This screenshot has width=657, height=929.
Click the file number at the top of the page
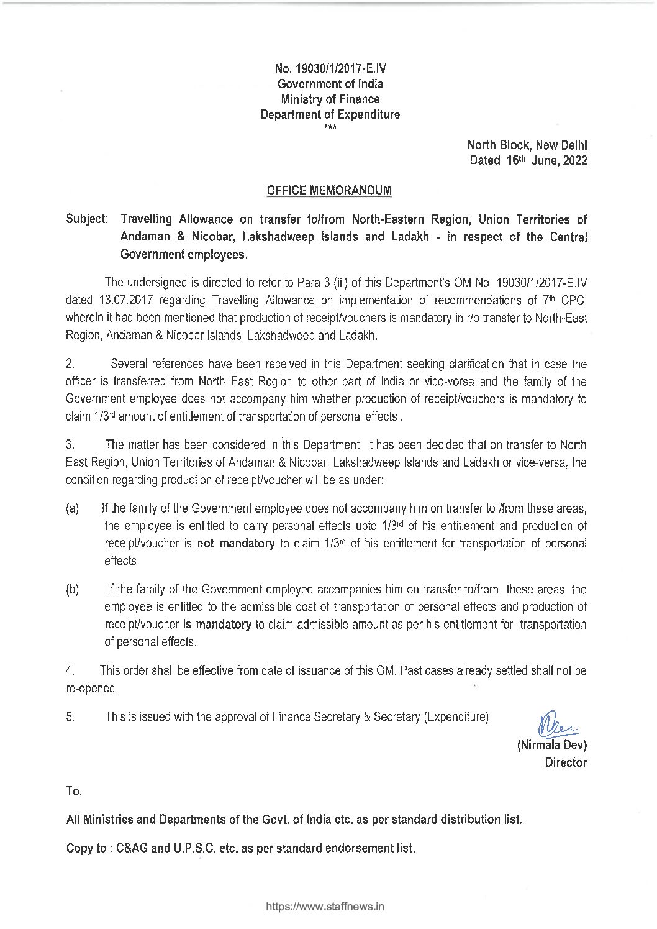(330, 69)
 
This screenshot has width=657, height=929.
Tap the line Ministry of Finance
(330, 99)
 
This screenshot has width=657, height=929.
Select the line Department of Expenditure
(330, 114)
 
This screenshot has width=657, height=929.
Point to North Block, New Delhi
(527, 145)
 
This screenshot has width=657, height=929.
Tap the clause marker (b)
(72, 589)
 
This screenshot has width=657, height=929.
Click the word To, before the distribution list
(73, 792)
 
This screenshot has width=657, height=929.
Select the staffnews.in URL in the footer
(325, 906)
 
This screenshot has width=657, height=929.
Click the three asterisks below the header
(330, 127)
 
